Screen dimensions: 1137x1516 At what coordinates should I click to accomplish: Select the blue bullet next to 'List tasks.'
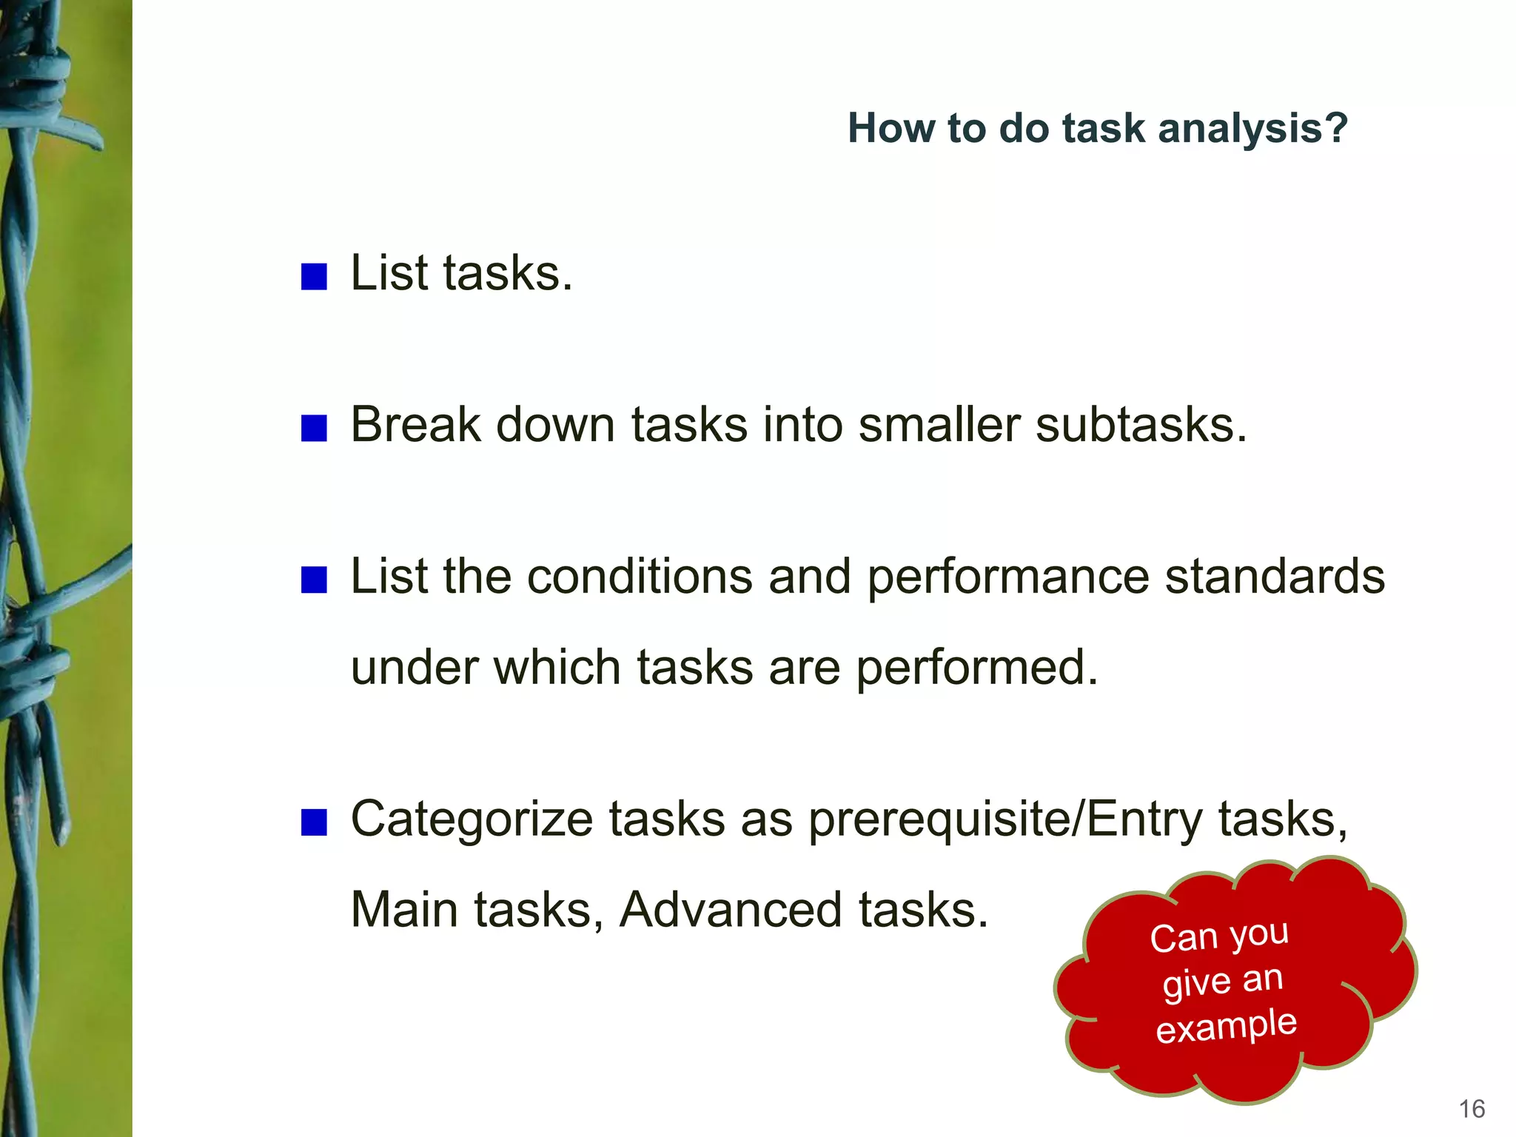tap(314, 276)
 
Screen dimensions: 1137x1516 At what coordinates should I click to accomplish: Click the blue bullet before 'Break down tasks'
tap(314, 428)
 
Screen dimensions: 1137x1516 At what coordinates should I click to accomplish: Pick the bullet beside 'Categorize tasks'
tap(314, 822)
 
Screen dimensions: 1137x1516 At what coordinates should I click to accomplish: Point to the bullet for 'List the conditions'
tap(314, 580)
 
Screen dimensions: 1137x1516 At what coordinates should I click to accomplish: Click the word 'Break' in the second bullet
tap(415, 425)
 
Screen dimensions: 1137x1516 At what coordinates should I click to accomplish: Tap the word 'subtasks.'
tap(1141, 425)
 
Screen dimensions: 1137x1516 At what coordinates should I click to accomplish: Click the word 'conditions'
tap(639, 577)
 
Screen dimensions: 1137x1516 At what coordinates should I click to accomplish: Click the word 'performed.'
tap(977, 668)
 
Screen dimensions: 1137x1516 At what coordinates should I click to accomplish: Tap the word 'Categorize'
tap(472, 820)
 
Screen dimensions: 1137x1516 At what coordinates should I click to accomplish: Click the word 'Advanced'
tap(731, 910)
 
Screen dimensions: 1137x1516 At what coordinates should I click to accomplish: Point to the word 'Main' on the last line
tap(404, 910)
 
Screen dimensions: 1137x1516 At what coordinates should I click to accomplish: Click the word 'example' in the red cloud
tap(1227, 1026)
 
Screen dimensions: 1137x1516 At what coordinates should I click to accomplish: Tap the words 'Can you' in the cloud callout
tap(1219, 936)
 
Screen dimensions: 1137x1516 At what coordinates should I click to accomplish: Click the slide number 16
tap(1472, 1109)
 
